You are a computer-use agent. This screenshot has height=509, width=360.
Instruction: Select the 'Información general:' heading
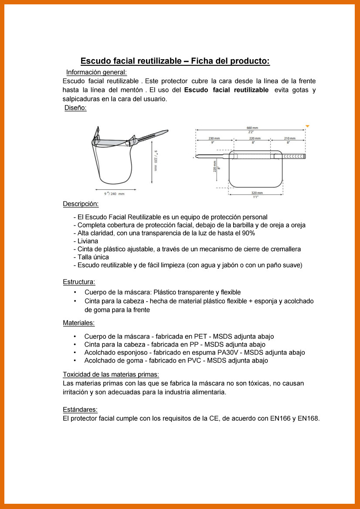[x=96, y=72]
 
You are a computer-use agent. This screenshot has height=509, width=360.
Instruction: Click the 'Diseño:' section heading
[x=75, y=108]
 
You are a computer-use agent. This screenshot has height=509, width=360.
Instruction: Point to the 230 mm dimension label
[x=214, y=138]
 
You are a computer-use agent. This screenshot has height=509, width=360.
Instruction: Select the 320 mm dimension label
[x=257, y=192]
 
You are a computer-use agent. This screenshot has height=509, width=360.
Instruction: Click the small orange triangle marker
[x=307, y=126]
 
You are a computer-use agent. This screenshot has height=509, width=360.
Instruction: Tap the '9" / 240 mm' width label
[x=114, y=194]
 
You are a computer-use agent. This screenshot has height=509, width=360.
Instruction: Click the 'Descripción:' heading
[x=81, y=204]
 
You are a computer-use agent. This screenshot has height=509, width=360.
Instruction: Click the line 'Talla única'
[x=93, y=257]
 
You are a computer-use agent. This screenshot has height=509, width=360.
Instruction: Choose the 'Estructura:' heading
[x=79, y=282]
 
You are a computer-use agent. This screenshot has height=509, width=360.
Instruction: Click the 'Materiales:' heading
[x=78, y=323]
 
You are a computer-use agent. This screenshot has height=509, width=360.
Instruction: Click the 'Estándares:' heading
[x=80, y=410]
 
